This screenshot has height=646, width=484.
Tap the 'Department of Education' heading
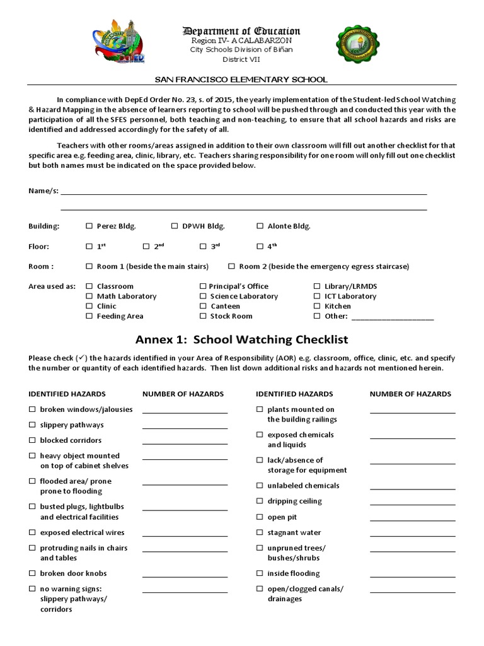[241, 31]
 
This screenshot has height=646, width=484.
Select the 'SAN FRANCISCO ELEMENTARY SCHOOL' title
[241, 79]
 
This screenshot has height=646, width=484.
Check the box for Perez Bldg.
[89, 226]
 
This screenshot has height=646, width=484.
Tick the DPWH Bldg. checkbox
[175, 226]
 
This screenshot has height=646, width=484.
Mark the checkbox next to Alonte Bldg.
[260, 226]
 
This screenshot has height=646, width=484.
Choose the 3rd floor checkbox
[204, 247]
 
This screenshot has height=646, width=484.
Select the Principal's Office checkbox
[203, 286]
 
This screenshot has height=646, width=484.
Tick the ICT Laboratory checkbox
[318, 297]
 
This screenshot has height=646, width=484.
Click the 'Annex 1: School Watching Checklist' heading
[241, 339]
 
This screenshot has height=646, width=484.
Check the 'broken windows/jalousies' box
[32, 409]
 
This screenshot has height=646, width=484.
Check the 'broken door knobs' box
[32, 573]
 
